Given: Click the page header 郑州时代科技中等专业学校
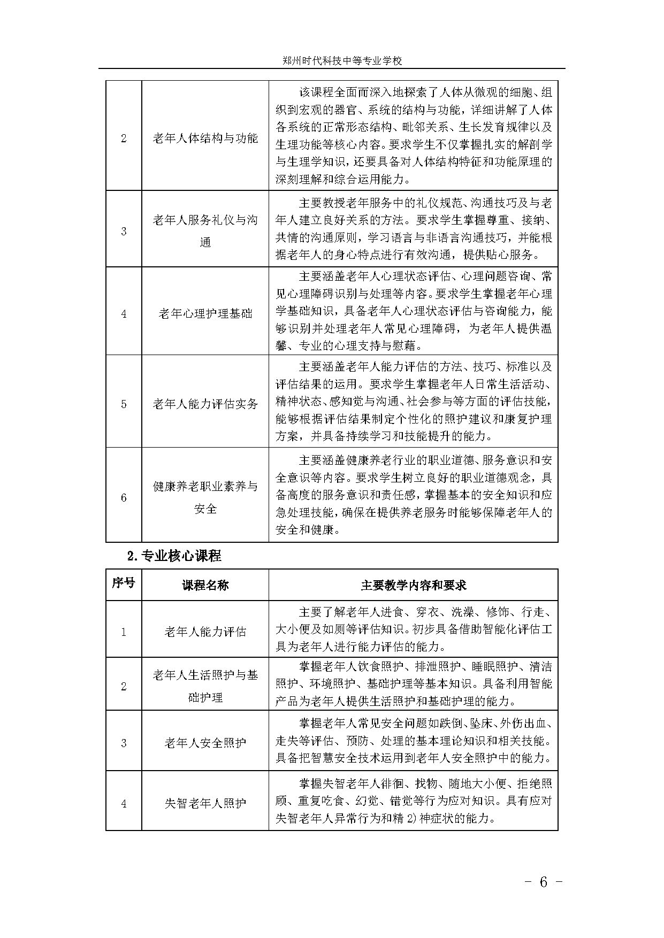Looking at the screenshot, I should tap(342, 60).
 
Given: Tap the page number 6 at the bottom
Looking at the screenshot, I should tap(544, 882).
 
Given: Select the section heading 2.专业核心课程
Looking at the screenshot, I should tap(174, 556).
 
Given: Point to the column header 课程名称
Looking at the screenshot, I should tap(205, 585).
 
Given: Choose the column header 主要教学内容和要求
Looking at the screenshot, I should tap(413, 585).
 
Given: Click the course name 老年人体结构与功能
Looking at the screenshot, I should tap(205, 139).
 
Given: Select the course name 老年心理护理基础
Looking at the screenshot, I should tap(205, 313).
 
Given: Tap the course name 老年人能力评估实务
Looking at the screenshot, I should tap(205, 404).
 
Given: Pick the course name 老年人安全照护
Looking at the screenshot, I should tap(205, 743).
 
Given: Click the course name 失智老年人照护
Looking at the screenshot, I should tap(205, 803).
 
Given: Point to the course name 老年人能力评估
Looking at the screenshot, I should tap(205, 632).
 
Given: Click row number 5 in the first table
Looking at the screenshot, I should tap(124, 404).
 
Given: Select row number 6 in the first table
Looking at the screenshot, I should tap(124, 497).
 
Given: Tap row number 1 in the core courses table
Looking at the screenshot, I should tap(124, 632).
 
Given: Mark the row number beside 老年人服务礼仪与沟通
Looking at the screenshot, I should tap(124, 232).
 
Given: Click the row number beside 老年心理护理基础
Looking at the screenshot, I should tap(124, 313).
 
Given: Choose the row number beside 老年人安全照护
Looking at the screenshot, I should tap(124, 743).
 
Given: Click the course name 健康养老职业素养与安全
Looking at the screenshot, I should tap(205, 497).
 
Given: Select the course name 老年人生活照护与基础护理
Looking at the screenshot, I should tap(205, 686).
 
